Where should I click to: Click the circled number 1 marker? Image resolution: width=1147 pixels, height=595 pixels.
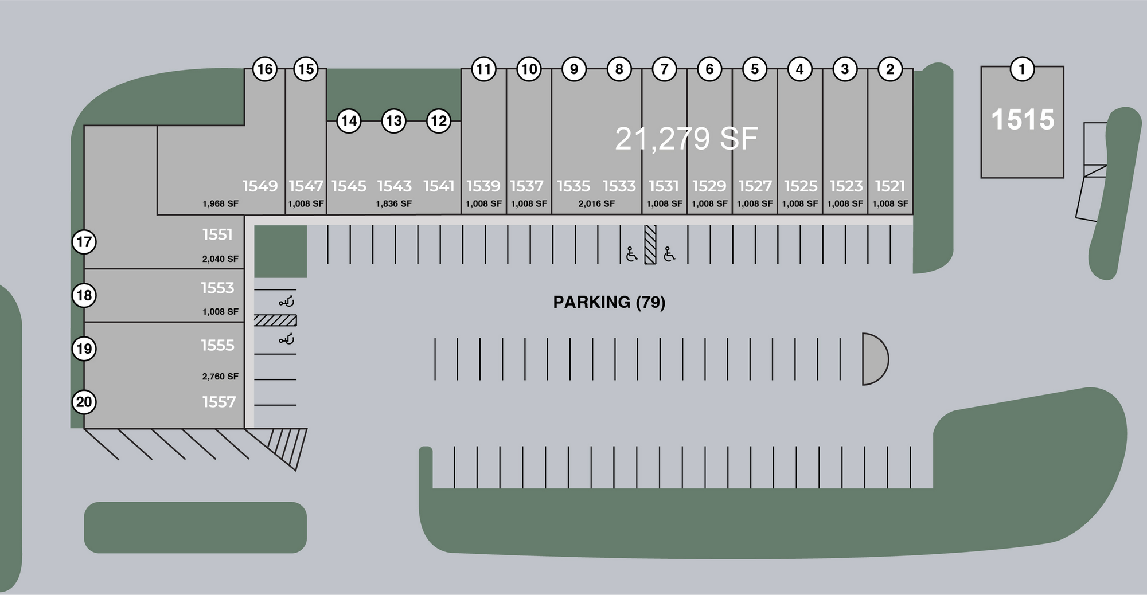tap(1021, 69)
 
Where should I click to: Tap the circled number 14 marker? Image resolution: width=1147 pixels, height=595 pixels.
tap(349, 121)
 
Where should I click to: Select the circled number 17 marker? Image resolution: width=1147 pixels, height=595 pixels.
tap(84, 242)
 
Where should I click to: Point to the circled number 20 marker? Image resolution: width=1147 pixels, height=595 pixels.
tap(84, 402)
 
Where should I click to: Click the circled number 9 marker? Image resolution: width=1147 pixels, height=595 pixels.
tap(573, 69)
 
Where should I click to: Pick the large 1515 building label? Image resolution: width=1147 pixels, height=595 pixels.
tap(1023, 120)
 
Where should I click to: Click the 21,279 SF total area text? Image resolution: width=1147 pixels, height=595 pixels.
tap(686, 139)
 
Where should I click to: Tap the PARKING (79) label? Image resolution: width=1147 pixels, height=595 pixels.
tap(609, 302)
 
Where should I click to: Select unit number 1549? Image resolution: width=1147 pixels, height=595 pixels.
tap(260, 186)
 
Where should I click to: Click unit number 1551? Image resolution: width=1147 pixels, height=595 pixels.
tap(217, 234)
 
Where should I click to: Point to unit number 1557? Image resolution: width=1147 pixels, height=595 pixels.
tap(219, 402)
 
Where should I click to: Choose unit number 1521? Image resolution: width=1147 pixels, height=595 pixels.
tap(889, 186)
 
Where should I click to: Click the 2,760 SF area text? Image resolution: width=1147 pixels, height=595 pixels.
tap(220, 377)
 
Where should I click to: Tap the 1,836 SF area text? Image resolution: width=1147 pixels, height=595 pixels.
tap(393, 203)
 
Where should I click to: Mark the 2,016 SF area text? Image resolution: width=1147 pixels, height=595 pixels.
tap(596, 203)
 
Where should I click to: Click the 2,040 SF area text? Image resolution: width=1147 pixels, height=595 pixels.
tap(220, 259)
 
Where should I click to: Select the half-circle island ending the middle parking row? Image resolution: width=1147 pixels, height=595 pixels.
tap(874, 359)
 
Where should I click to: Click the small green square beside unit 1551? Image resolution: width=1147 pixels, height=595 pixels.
tap(280, 251)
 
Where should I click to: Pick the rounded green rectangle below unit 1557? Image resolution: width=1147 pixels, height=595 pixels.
tap(195, 527)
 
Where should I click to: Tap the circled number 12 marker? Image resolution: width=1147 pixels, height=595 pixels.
tap(439, 121)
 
